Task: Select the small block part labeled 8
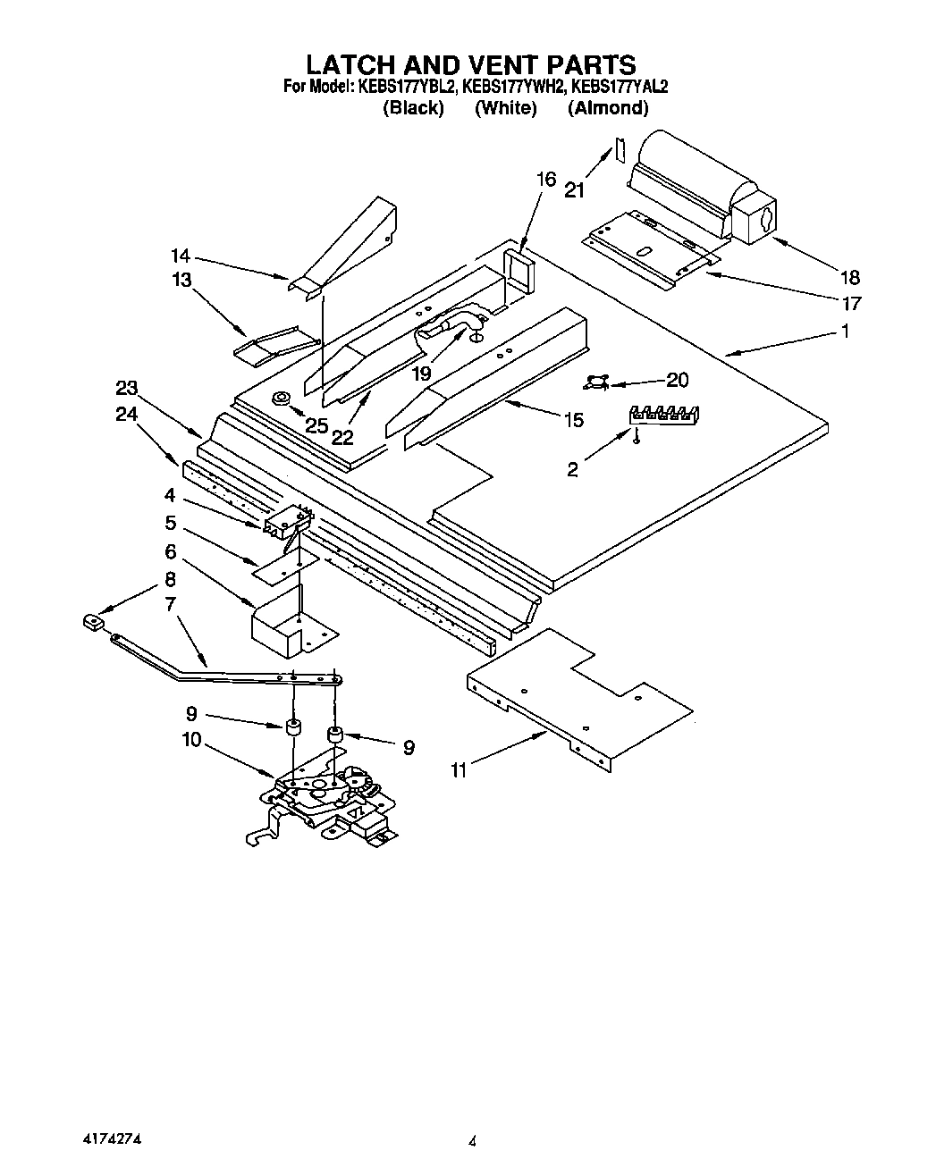pos(91,620)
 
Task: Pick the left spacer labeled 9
pos(291,727)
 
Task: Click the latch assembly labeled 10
pos(326,794)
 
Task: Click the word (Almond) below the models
pos(608,108)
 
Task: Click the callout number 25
pos(316,426)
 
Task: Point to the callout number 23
pos(126,388)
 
